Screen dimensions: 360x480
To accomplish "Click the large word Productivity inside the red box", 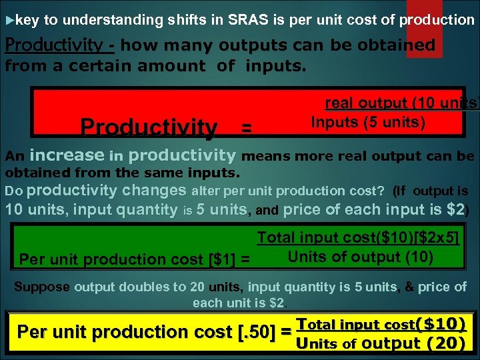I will [x=149, y=127].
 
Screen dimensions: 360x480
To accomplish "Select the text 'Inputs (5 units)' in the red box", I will [x=368, y=123].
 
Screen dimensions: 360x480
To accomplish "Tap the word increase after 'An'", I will [x=67, y=156].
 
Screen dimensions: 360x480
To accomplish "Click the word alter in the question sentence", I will [x=204, y=190].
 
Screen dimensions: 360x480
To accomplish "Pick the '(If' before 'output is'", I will [x=399, y=191].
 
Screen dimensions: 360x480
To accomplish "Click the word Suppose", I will [x=42, y=287].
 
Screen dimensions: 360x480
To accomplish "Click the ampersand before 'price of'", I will [x=409, y=287].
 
